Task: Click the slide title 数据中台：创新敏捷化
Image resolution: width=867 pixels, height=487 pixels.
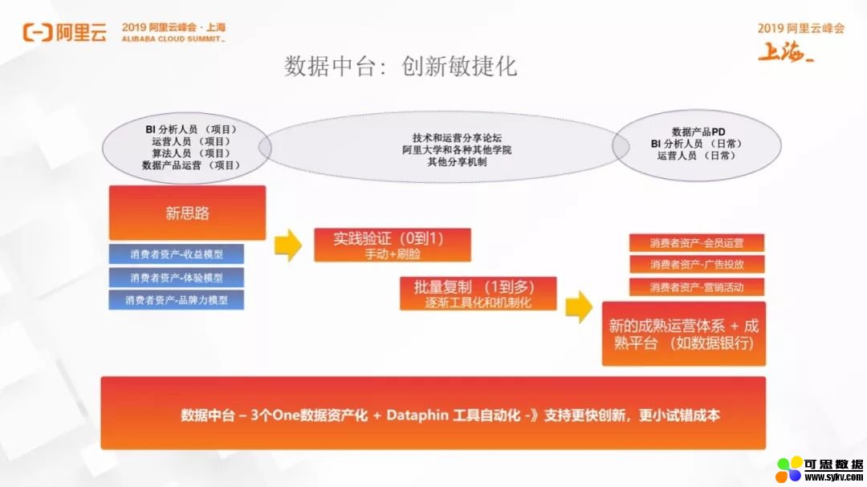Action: [401, 67]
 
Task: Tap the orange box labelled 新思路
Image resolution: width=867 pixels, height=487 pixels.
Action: [187, 213]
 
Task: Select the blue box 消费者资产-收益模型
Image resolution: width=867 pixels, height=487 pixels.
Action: [177, 254]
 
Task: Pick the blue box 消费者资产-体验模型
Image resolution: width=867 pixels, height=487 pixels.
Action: [177, 278]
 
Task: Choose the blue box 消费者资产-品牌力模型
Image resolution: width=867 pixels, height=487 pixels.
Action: [177, 300]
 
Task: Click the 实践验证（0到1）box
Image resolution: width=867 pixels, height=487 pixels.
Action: [393, 245]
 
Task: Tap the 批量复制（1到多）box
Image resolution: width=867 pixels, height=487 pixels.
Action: [478, 294]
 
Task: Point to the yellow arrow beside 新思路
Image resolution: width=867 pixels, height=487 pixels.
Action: [288, 245]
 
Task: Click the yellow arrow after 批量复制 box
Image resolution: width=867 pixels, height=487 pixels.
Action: [579, 306]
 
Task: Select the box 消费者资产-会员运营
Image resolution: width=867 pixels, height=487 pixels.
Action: [697, 242]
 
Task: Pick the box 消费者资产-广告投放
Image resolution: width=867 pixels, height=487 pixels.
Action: [697, 264]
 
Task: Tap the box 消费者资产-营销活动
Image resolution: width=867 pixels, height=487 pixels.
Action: [697, 287]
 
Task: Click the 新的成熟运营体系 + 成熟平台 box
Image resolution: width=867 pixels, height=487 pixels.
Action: [684, 334]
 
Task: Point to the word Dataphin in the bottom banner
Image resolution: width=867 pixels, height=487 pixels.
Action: [417, 415]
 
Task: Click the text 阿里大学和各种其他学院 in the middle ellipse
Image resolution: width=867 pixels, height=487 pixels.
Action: [457, 150]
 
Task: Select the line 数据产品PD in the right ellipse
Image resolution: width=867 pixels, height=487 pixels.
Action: [698, 132]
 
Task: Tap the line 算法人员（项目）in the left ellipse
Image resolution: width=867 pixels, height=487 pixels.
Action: [191, 153]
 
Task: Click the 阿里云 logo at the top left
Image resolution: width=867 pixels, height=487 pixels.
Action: [65, 33]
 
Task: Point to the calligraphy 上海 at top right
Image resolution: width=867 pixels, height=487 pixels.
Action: [786, 52]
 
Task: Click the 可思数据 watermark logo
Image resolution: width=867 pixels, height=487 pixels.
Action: [820, 470]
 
